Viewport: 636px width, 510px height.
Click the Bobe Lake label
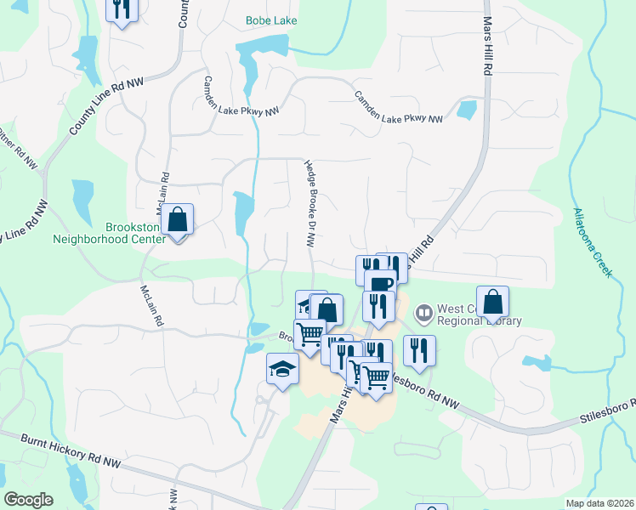point(271,20)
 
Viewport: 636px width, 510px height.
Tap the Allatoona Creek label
point(592,241)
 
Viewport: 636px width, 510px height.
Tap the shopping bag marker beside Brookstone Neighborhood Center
point(178,220)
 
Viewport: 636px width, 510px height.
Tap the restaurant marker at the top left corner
point(122,9)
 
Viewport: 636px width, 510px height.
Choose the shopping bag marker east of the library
point(493,301)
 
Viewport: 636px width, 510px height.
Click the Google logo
point(28,500)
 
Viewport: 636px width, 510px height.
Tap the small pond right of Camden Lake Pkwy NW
point(466,109)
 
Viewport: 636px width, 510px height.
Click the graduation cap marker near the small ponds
point(282,369)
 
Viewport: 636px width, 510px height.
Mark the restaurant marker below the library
point(419,349)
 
